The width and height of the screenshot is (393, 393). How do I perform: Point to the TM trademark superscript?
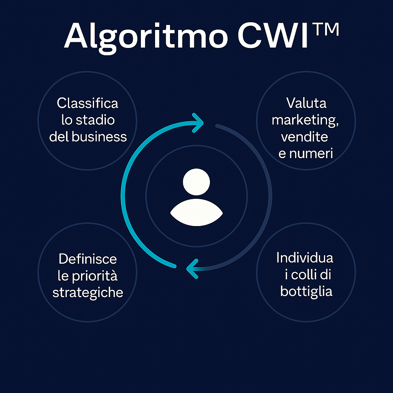[326, 29]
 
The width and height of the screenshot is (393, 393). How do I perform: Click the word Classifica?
[87, 103]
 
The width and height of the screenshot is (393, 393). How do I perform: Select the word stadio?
[95, 120]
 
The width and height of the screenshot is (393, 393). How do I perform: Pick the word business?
[99, 137]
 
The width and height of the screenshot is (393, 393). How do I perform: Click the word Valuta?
[306, 103]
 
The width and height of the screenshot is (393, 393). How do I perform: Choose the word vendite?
[304, 137]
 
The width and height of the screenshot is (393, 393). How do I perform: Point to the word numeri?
[311, 154]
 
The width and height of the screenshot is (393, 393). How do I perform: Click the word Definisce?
[88, 259]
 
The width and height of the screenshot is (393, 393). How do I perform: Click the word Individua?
[305, 258]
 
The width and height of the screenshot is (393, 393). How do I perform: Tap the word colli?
[304, 275]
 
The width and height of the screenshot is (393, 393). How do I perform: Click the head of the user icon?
[196, 182]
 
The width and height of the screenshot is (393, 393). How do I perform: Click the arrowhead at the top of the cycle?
[198, 123]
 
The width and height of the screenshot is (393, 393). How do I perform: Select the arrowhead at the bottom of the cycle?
[192, 269]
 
